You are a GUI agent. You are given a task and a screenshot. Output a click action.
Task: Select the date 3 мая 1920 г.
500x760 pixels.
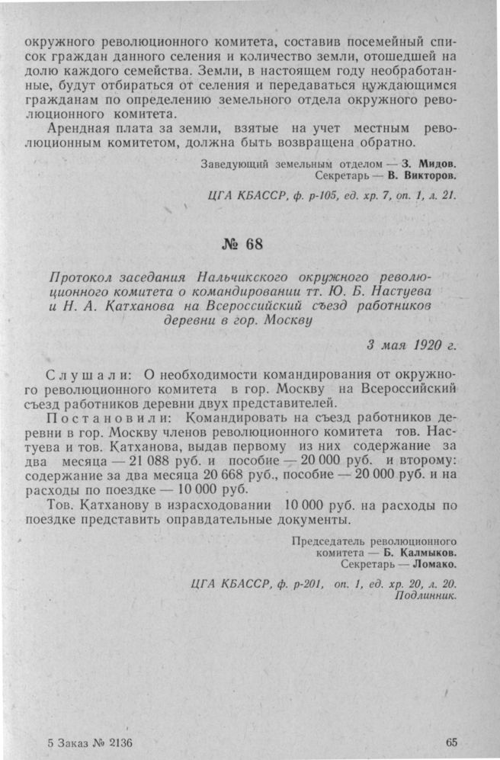point(412,345)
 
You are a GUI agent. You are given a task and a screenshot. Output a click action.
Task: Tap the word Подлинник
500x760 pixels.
point(426,597)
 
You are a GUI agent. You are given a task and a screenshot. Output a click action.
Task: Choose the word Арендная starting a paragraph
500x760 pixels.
point(79,127)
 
